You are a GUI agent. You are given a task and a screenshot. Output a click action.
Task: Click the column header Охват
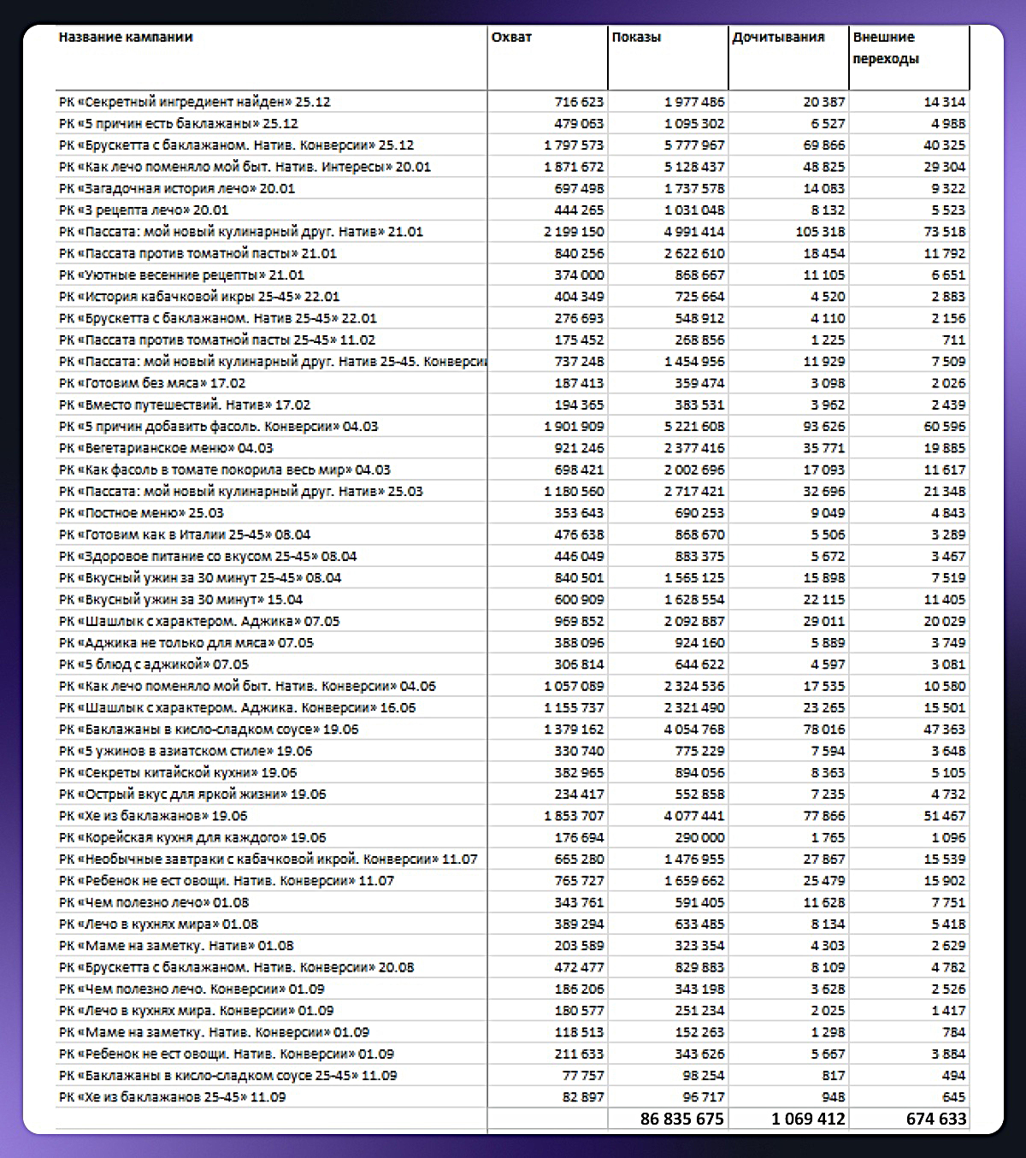tap(511, 38)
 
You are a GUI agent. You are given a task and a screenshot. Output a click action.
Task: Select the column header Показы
tap(636, 38)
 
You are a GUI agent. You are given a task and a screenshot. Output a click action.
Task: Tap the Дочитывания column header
tap(778, 38)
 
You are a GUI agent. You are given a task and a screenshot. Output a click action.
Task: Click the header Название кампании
tap(126, 38)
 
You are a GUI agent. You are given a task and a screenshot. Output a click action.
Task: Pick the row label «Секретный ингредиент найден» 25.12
tap(194, 102)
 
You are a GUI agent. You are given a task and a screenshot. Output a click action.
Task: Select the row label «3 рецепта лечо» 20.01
tap(144, 210)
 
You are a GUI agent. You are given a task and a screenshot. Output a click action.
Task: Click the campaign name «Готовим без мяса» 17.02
tap(152, 383)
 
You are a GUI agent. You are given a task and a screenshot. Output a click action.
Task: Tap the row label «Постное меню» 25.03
tap(141, 513)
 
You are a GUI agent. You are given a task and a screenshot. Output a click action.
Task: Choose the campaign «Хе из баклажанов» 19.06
tap(153, 816)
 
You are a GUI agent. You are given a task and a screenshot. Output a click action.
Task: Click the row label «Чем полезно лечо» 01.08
tap(154, 902)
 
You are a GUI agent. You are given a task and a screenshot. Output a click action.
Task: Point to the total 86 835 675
tap(681, 1119)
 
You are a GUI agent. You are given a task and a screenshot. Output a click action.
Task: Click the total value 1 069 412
tap(807, 1119)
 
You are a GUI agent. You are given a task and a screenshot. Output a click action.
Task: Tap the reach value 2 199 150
tap(573, 232)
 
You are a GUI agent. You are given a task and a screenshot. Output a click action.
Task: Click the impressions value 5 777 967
tap(693, 145)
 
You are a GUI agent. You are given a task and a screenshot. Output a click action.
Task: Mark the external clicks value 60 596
tap(944, 427)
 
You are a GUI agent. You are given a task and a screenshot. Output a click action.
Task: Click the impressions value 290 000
tap(699, 838)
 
